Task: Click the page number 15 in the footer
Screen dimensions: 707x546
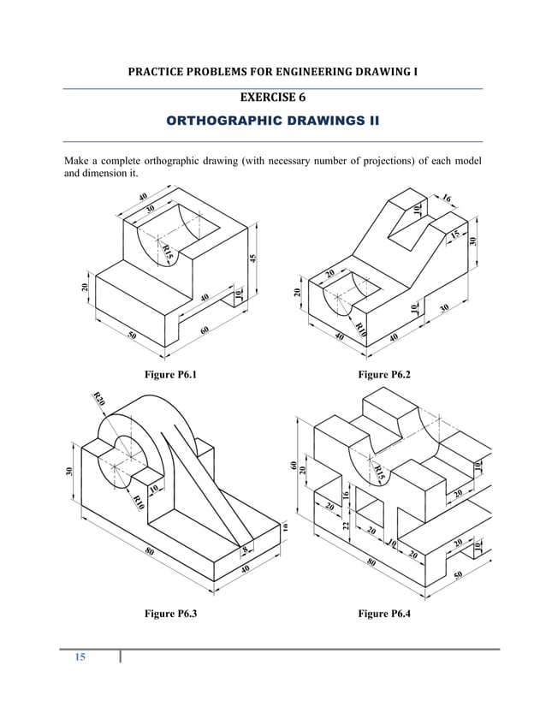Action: point(80,657)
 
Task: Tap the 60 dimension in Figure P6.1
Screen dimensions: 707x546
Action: point(205,330)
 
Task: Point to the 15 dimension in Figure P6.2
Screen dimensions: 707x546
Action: point(455,233)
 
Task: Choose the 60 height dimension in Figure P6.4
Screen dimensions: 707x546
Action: point(293,466)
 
